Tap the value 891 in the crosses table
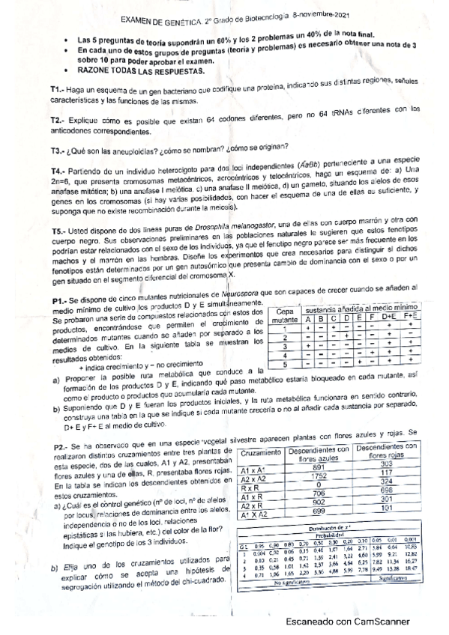(x=317, y=466)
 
